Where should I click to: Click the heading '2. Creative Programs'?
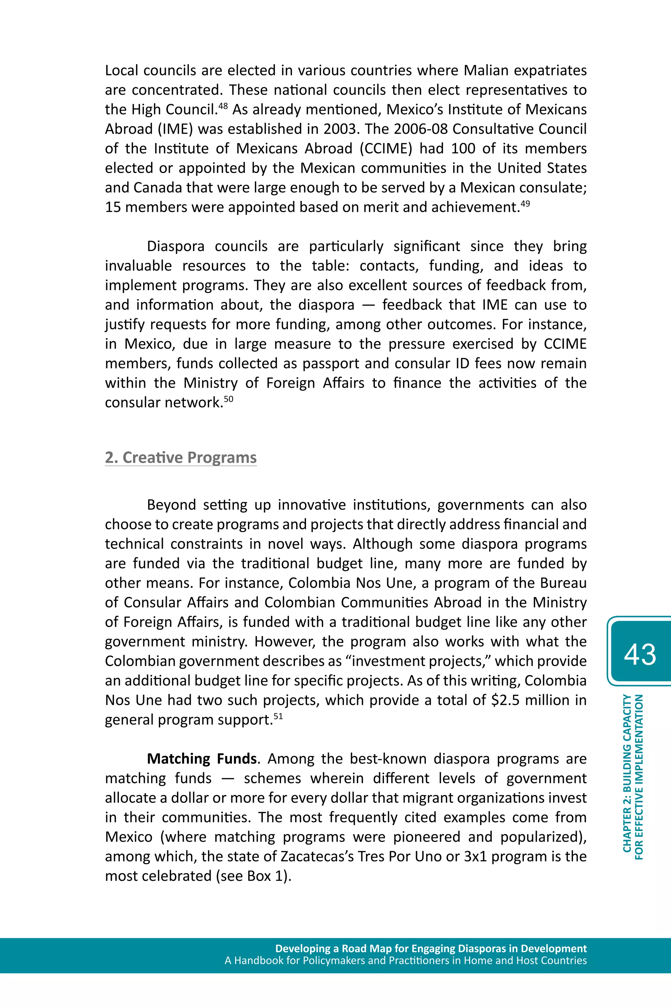coord(181,457)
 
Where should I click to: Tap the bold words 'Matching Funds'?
coord(201,759)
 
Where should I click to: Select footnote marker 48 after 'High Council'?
coord(223,105)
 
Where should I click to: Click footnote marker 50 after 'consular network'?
coord(228,398)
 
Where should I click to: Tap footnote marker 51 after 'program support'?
coord(278,716)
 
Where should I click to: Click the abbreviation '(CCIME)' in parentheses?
coord(386,148)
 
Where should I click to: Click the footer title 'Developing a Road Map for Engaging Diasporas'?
coord(431,948)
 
